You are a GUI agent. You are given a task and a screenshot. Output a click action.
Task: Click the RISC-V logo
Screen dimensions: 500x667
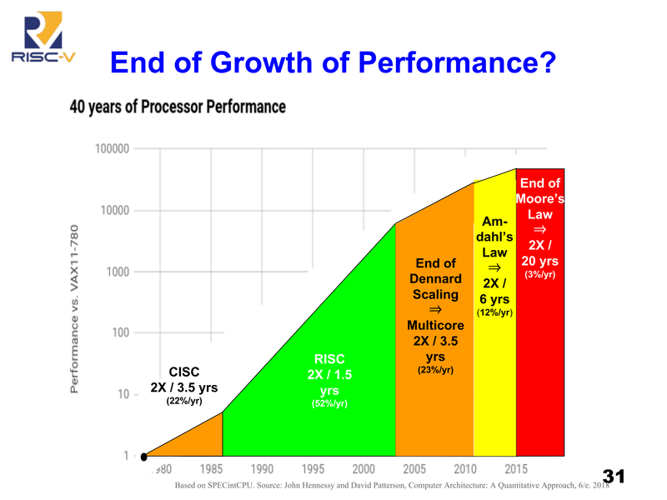click(38, 37)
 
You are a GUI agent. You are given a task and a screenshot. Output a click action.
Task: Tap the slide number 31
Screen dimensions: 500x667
click(613, 477)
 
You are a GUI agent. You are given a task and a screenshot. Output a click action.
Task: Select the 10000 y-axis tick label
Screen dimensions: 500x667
click(114, 211)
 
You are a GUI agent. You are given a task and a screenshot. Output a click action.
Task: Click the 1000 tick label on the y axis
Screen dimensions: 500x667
click(118, 272)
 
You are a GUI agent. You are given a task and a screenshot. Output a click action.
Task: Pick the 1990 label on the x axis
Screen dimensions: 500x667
click(262, 469)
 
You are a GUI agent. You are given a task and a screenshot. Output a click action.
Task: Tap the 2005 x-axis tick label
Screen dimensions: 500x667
click(414, 469)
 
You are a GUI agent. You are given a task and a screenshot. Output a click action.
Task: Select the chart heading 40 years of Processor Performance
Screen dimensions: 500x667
click(178, 107)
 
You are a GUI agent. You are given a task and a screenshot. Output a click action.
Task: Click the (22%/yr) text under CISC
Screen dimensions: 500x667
click(183, 401)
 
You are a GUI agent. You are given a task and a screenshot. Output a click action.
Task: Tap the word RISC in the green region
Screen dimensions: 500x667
click(329, 359)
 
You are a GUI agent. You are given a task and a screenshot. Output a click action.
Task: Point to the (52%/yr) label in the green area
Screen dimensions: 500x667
click(329, 404)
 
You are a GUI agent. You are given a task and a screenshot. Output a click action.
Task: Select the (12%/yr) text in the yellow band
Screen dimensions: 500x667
click(494, 313)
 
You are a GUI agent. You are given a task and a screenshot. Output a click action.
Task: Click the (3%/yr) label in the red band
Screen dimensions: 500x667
click(539, 275)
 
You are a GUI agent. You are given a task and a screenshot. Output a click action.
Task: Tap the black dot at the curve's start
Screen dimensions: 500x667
click(144, 457)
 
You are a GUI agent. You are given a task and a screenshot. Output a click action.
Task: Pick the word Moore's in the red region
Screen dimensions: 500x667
click(539, 199)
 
